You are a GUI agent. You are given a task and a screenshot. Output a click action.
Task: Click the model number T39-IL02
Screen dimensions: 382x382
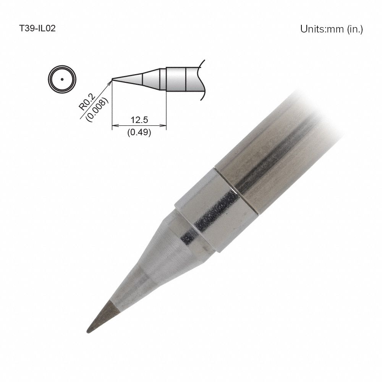tap(37, 29)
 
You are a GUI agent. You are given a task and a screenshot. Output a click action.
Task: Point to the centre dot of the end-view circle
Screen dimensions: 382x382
tap(62, 79)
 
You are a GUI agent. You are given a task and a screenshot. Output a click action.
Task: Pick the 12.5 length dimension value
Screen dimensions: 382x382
tap(139, 120)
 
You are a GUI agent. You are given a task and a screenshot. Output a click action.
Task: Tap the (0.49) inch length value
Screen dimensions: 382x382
tap(139, 133)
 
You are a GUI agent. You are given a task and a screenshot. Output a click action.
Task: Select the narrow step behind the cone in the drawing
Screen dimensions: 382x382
tap(163, 79)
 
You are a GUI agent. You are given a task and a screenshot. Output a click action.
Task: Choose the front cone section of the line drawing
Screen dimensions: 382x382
tap(128, 79)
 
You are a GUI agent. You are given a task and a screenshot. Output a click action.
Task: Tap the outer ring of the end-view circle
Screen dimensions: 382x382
tap(49, 79)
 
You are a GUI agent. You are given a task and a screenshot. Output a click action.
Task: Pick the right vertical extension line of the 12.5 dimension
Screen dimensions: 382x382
tap(166, 111)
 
